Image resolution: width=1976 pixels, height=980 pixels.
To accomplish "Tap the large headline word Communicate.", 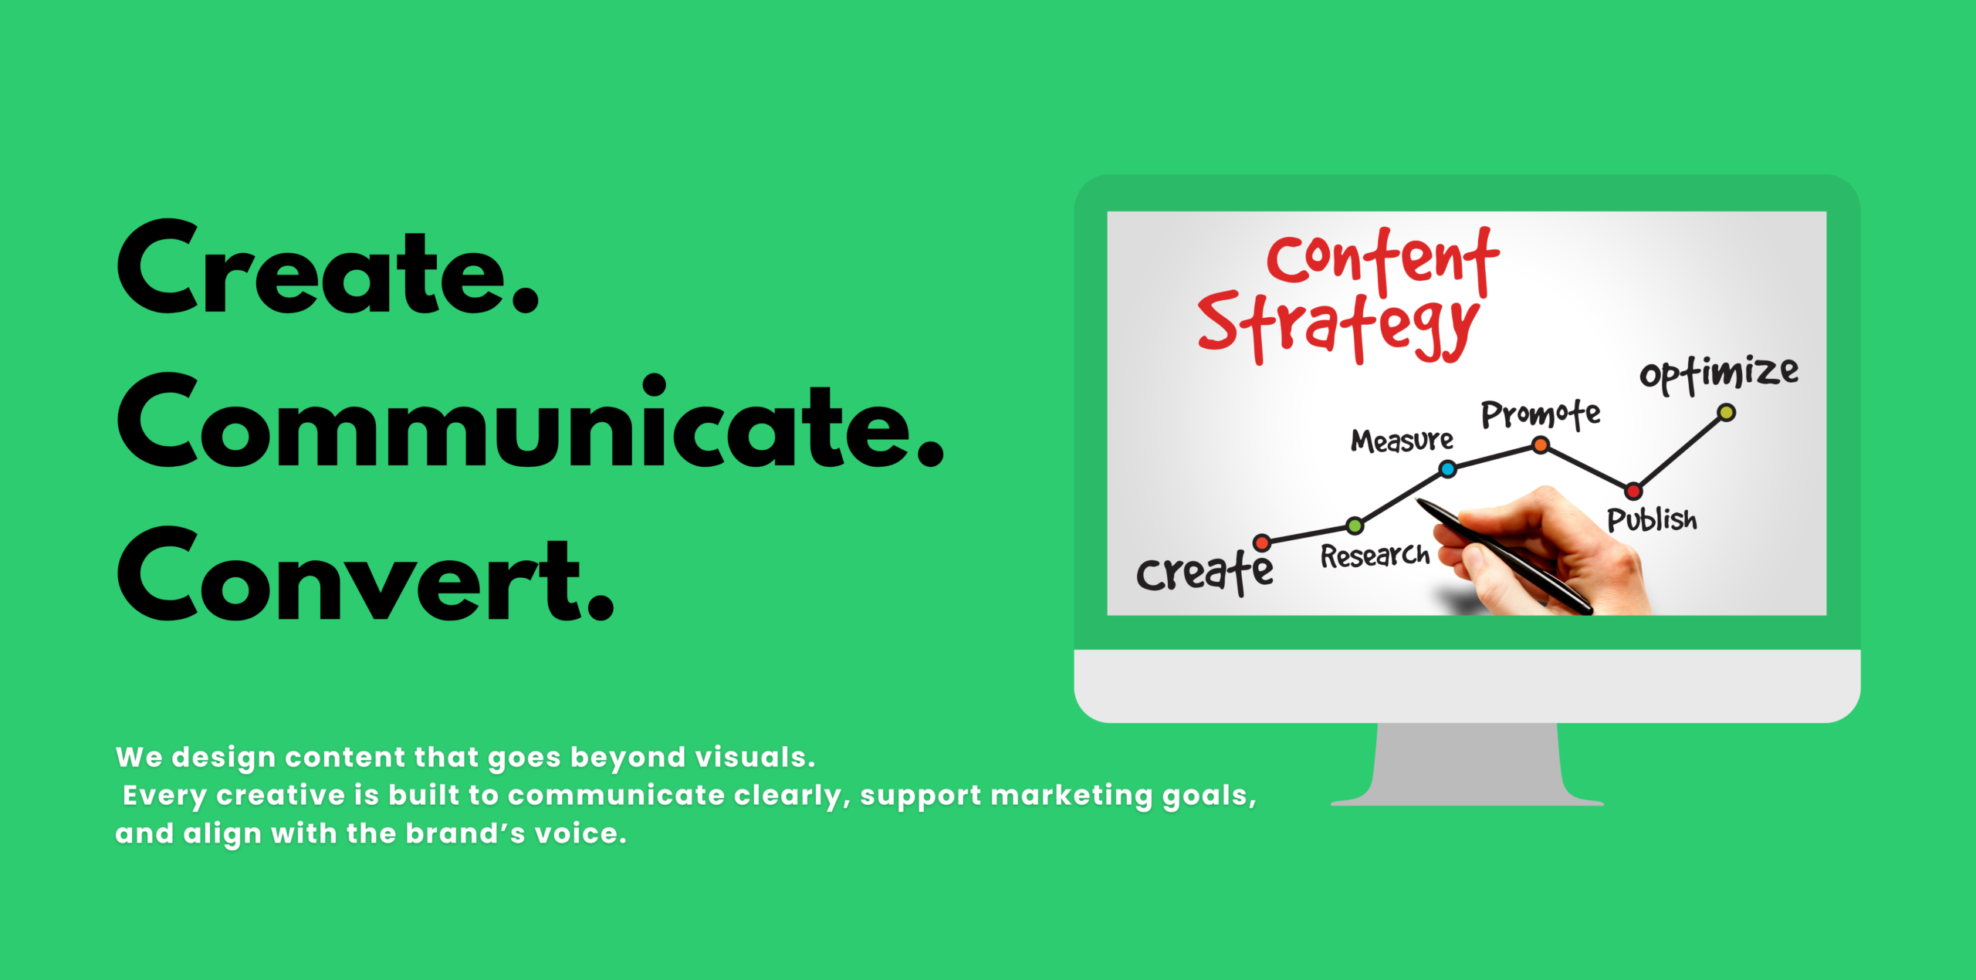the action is pyautogui.click(x=531, y=421).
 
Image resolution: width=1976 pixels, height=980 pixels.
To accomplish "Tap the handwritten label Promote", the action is pyautogui.click(x=1541, y=414).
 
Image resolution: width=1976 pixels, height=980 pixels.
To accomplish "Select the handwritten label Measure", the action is pyautogui.click(x=1402, y=440).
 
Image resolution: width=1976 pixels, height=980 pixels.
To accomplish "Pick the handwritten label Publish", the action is pyautogui.click(x=1652, y=519).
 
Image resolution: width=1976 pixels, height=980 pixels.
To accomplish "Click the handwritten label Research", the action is pyautogui.click(x=1375, y=555).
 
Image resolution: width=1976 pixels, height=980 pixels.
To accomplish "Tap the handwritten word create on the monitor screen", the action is pyautogui.click(x=1205, y=572).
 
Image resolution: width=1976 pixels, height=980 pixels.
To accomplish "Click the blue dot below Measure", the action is pyautogui.click(x=1448, y=468).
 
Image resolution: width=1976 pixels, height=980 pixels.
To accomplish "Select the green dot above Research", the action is pyautogui.click(x=1355, y=526).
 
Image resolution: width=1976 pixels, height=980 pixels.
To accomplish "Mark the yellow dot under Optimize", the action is pyautogui.click(x=1727, y=413).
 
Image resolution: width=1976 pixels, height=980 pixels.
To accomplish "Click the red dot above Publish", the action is pyautogui.click(x=1633, y=491).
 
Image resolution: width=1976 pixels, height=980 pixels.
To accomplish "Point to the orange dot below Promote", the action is pyautogui.click(x=1541, y=445).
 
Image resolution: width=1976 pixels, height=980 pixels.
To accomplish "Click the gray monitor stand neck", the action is pyautogui.click(x=1467, y=760).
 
